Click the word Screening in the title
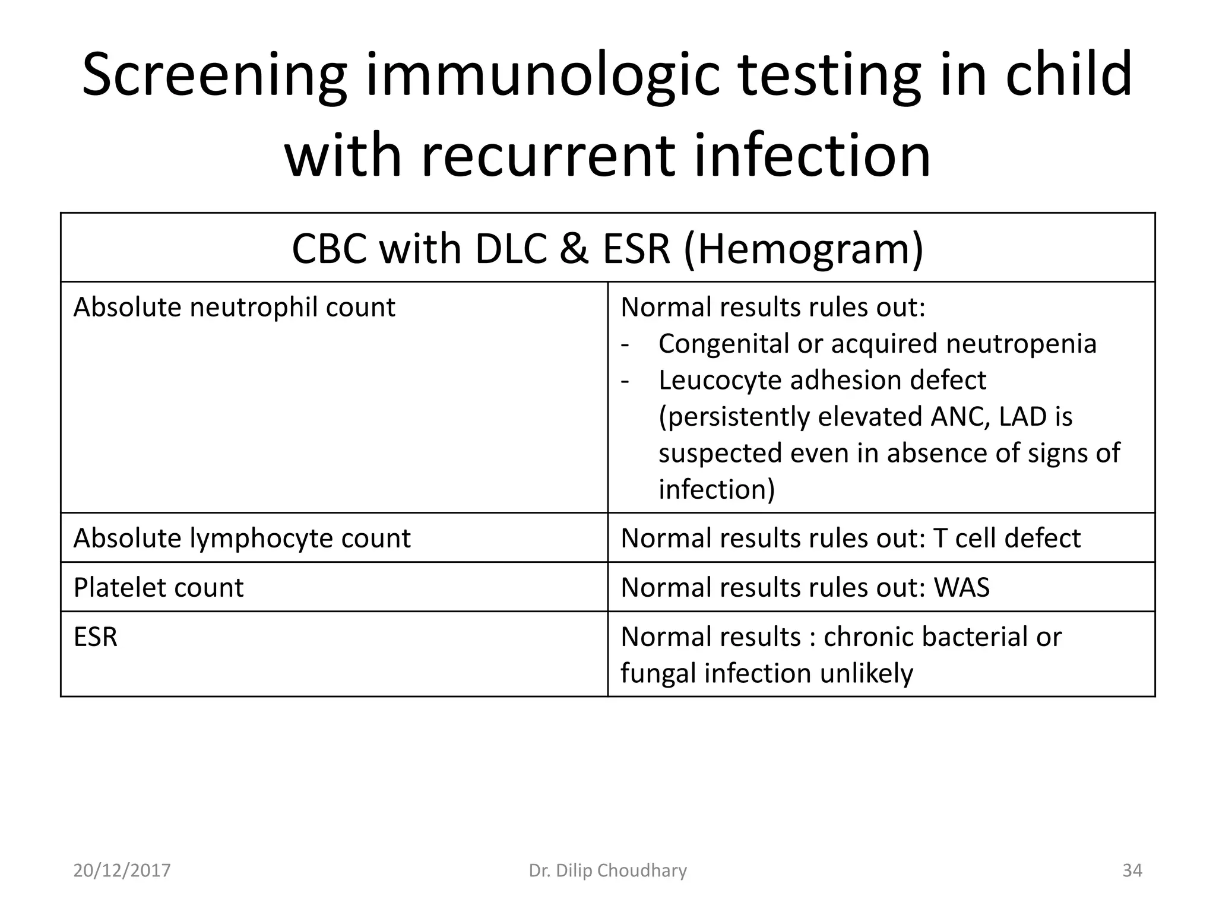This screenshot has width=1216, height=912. click(214, 75)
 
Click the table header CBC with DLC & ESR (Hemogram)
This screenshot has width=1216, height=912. click(607, 249)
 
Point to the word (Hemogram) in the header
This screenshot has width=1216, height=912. click(804, 249)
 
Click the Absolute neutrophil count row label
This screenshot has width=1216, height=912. click(234, 308)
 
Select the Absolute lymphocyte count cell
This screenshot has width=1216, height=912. click(242, 539)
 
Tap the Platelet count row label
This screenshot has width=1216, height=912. click(158, 588)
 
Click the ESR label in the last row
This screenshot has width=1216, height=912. click(95, 637)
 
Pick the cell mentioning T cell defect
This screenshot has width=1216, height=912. click(850, 539)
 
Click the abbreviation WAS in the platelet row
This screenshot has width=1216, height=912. click(962, 588)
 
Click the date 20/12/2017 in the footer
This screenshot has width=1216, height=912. click(122, 870)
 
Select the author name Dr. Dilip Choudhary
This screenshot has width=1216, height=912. click(607, 870)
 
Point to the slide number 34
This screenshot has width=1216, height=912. click(1132, 870)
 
